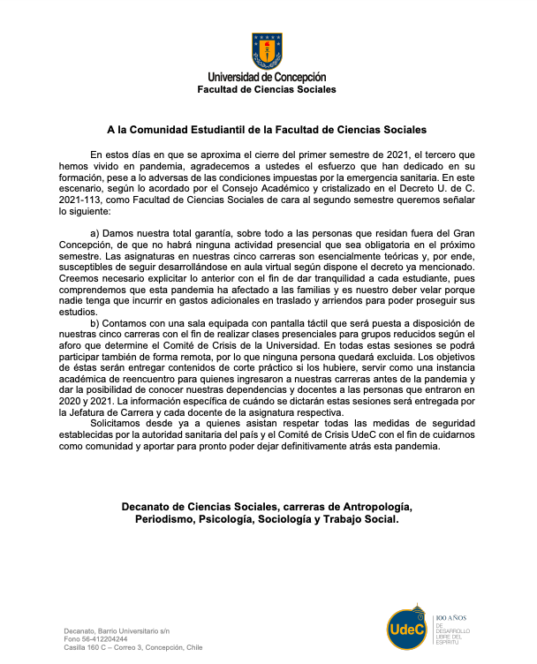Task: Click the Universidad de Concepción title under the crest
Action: coord(267,78)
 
